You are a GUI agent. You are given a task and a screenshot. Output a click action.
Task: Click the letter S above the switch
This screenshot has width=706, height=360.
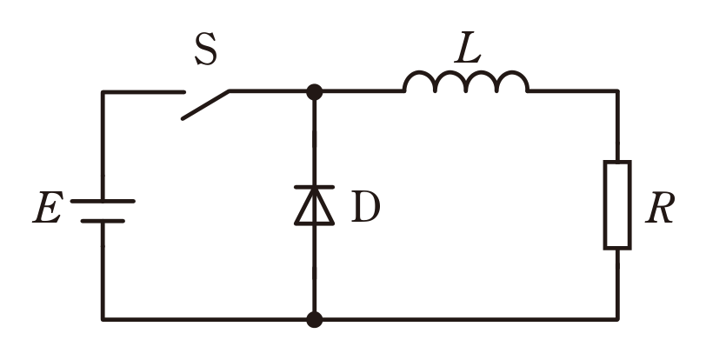tap(206, 49)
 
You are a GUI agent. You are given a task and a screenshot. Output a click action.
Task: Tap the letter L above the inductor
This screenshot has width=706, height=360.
tap(468, 47)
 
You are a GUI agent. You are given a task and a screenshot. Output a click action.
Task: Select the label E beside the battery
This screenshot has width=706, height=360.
tap(48, 207)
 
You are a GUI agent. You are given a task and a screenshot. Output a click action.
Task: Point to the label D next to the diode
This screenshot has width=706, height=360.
tap(365, 206)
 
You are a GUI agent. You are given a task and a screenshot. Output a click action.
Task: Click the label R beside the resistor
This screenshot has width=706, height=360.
tap(660, 207)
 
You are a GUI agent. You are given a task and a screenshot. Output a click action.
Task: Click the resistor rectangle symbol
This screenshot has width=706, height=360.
tap(617, 204)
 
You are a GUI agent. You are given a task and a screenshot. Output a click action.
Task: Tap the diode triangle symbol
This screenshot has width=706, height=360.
tap(314, 206)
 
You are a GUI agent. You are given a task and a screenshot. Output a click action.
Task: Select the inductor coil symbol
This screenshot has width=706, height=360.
tap(466, 82)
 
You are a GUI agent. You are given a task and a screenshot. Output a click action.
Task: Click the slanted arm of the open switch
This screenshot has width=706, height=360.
tap(205, 105)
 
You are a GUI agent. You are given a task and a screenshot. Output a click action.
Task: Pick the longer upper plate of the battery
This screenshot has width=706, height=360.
tap(103, 201)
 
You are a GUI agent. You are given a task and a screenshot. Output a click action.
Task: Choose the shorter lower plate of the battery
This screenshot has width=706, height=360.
tap(103, 221)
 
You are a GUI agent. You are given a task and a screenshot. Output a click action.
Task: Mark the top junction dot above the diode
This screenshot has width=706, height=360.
tap(314, 92)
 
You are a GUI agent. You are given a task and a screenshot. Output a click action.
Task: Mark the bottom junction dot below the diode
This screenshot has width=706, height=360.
tap(314, 319)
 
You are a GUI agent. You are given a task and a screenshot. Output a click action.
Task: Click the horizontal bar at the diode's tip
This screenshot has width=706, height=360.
tap(314, 187)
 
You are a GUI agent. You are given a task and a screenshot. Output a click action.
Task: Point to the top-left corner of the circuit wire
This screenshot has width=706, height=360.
tap(103, 92)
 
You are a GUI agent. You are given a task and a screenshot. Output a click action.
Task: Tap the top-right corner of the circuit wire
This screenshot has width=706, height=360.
tap(617, 91)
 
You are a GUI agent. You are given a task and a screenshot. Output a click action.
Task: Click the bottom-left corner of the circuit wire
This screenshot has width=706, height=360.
tap(103, 319)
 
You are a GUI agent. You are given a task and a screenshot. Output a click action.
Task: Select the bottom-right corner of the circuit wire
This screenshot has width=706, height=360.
tap(617, 319)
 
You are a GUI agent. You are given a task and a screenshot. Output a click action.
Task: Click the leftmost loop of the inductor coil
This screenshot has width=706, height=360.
tap(419, 71)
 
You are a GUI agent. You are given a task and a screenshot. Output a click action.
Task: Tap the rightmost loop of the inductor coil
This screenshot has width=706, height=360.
tap(513, 71)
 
